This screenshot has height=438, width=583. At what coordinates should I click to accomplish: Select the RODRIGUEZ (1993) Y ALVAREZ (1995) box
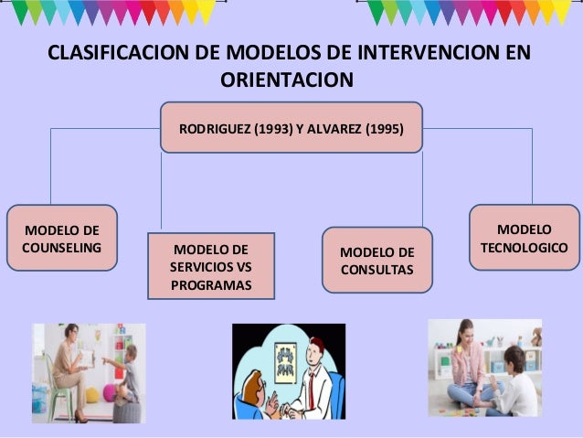291,129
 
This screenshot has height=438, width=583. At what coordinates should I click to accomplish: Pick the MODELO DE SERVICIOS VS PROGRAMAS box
210,266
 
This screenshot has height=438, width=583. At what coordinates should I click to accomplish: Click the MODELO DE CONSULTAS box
376,261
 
